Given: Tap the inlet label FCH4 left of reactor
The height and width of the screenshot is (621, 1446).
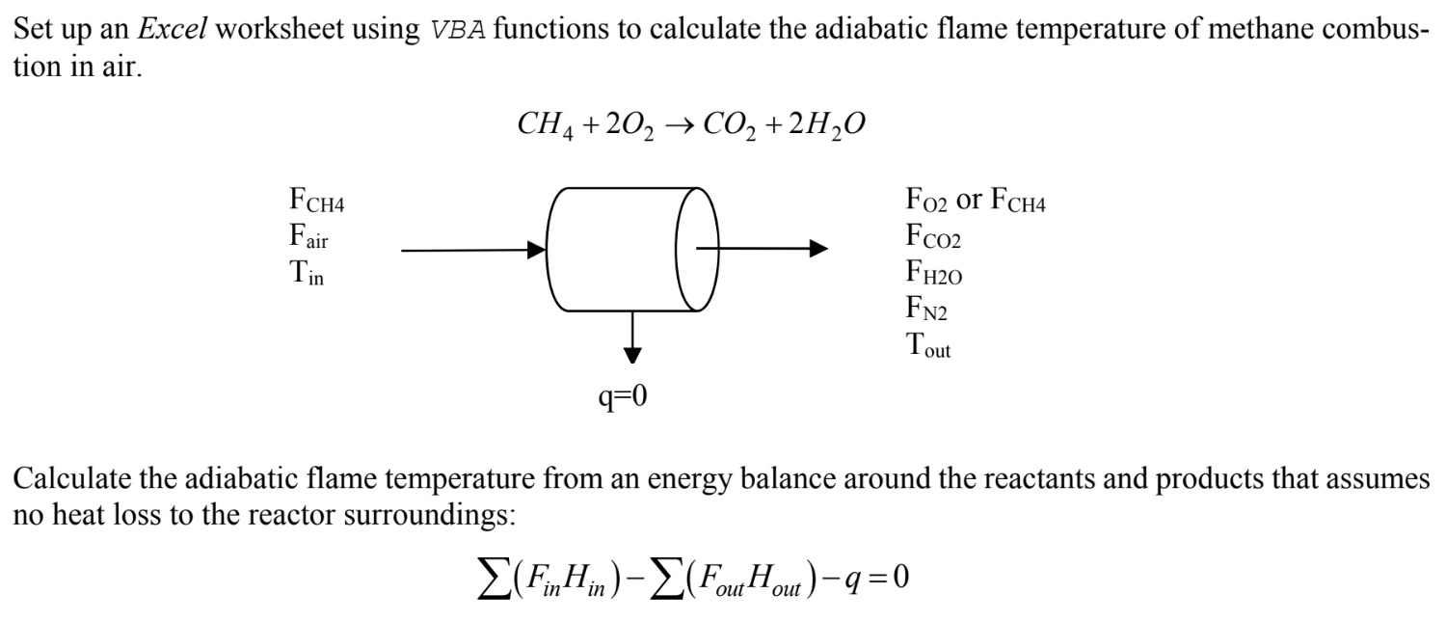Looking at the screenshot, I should [x=317, y=204].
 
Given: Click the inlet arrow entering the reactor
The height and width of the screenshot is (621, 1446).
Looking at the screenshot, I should [x=472, y=251].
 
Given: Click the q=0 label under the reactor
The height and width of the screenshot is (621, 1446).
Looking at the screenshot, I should [x=621, y=395].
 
